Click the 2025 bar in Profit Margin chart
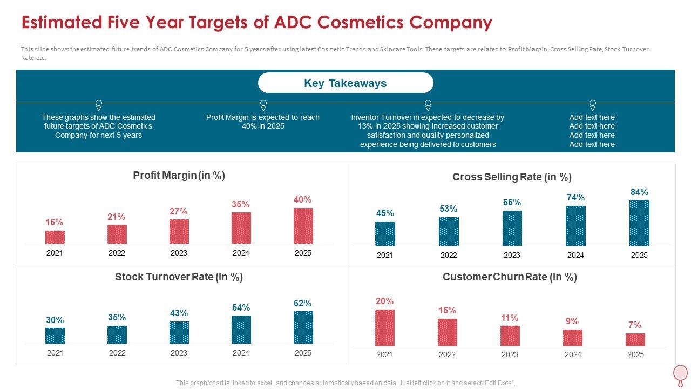point(303,226)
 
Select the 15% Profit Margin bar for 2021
point(55,237)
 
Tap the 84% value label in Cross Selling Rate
point(639,192)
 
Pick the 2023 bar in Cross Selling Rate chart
point(512,228)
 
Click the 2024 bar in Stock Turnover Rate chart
point(241,330)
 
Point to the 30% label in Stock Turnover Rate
point(55,320)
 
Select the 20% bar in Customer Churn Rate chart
point(384,327)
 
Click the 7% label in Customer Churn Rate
point(635,325)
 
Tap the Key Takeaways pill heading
point(345,83)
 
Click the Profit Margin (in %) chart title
point(179,176)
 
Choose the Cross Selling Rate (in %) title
point(511,177)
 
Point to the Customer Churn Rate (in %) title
point(510,277)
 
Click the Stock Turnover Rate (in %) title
point(179,277)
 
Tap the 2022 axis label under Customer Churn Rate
point(447,354)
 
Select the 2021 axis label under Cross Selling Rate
point(385,255)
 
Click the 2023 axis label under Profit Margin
point(179,253)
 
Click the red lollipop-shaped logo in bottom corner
point(681,374)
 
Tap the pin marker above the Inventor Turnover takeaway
point(428,104)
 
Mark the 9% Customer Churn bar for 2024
point(572,338)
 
